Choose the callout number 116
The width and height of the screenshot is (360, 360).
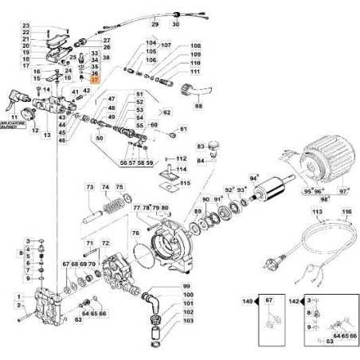point(346,213)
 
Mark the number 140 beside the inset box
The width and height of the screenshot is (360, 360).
point(248,303)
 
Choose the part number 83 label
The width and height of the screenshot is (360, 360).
point(201,146)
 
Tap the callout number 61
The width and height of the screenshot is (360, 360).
point(183,129)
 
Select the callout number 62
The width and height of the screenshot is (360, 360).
point(168,112)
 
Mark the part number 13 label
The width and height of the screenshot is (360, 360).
point(46,135)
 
